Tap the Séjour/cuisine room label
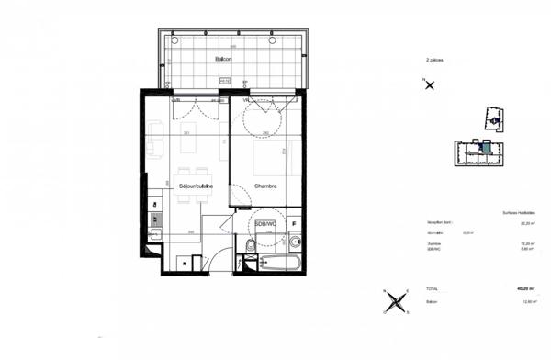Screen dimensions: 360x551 (196, 186)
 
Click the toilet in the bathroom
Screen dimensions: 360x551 (250, 244)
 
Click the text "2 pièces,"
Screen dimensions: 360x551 (434, 60)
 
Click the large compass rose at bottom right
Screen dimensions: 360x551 (395, 302)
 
